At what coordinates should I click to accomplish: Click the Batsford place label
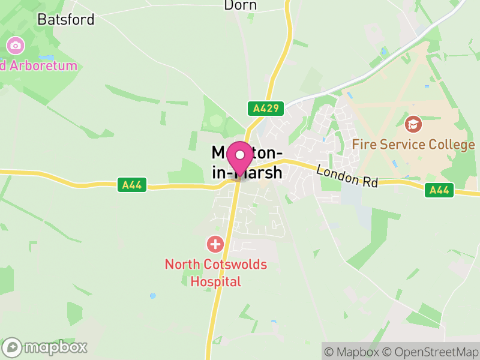[65, 19]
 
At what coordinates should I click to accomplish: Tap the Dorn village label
[240, 5]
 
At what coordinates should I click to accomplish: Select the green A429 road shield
[265, 109]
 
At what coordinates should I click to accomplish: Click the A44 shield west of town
[131, 185]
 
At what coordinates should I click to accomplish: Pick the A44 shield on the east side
[440, 190]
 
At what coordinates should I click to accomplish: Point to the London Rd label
[347, 176]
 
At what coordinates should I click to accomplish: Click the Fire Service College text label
[413, 145]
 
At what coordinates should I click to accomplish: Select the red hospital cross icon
[215, 244]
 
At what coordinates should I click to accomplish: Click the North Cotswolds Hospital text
[215, 272]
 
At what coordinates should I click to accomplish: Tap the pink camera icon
[15, 45]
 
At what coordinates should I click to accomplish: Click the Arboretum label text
[41, 65]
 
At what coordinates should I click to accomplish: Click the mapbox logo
[45, 347]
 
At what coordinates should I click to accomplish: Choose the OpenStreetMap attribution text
[431, 352]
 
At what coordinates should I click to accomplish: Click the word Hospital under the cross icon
[215, 281]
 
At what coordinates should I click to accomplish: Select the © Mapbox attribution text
[351, 352]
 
